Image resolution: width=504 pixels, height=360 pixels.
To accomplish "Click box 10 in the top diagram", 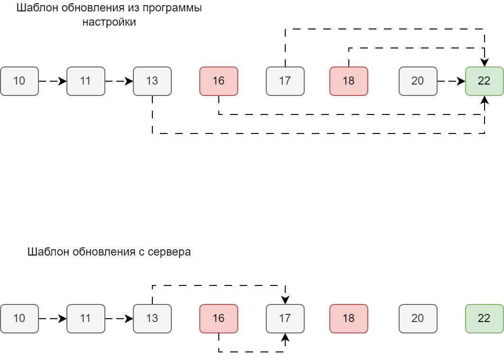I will point(19,81).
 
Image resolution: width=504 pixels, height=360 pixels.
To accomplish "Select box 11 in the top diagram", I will point(85,81).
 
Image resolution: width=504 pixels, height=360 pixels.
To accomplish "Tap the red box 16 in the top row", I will point(218,81).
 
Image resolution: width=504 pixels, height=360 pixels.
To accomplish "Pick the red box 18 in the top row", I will point(349,81).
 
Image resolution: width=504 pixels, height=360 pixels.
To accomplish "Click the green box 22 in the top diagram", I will point(484,81).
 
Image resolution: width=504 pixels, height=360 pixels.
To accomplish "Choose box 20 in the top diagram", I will point(418,81).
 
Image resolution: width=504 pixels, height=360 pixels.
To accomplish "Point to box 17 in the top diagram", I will point(285,81).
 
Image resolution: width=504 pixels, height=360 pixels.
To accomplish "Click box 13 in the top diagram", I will point(152,81).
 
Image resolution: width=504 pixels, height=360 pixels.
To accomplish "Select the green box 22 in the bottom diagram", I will point(484,318).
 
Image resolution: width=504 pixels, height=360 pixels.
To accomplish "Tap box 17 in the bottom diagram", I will point(285,318).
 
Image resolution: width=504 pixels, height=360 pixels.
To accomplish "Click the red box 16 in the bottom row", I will point(218,318).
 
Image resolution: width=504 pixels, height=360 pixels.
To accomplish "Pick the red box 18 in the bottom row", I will point(349,318).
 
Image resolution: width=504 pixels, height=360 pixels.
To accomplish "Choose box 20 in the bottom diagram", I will point(418,318).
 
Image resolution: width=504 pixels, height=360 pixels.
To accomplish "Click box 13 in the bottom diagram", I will point(152,318).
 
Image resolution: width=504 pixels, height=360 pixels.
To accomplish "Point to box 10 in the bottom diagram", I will point(19,318).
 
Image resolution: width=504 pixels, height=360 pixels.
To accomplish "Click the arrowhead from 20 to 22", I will point(461,81).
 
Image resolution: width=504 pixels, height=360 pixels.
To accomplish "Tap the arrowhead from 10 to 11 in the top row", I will point(63,81).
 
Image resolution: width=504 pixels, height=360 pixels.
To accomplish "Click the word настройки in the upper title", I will point(109,22).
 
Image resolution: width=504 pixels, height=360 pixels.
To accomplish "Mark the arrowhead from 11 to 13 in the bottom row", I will point(129,318).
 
